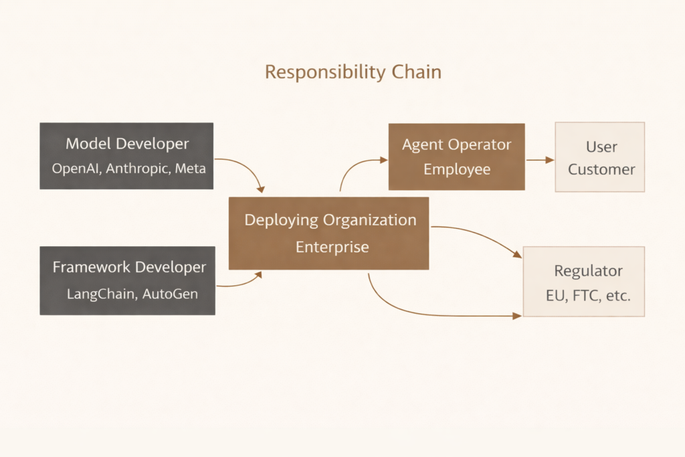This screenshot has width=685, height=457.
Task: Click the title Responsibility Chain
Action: [353, 72]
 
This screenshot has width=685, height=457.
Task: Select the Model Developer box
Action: [126, 155]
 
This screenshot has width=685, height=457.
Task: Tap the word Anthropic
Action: [137, 168]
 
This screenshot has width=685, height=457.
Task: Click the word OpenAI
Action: [76, 168]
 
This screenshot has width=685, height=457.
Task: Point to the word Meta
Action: [190, 168]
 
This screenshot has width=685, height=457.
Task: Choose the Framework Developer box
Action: [127, 280]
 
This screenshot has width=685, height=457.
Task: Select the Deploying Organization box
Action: [329, 233]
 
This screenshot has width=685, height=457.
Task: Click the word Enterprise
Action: [332, 247]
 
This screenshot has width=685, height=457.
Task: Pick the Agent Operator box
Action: [456, 157]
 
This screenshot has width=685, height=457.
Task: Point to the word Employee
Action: [456, 169]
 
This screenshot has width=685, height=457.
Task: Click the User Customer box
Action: [600, 157]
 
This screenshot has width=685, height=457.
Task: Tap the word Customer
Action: [601, 169]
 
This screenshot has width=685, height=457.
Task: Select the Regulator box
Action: [583, 281]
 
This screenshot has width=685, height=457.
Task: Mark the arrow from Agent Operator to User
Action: [540, 160]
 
